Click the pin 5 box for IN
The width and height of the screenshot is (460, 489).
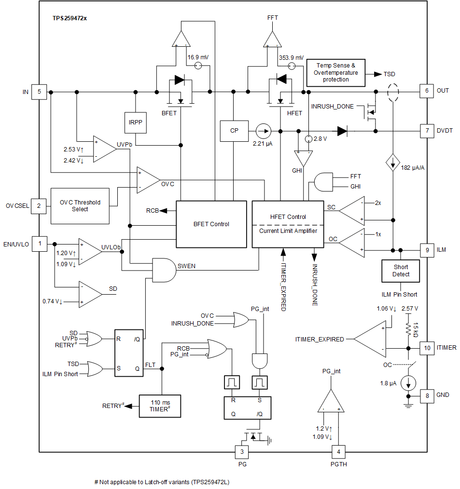39,91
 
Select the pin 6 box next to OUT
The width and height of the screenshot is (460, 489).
427,91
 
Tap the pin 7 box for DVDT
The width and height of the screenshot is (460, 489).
427,131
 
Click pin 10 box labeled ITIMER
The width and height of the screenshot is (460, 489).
427,347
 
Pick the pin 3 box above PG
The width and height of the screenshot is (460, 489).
242,452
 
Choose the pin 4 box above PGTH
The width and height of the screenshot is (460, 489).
339,452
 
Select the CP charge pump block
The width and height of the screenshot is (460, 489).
234,131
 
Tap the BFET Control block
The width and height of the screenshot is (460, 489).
211,224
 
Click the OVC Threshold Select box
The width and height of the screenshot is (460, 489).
80,206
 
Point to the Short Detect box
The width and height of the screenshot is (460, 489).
401,271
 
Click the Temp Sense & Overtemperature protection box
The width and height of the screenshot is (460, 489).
336,72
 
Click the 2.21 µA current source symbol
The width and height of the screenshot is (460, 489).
263,131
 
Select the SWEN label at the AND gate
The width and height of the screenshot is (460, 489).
186,266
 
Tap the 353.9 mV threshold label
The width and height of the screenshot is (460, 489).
291,57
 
